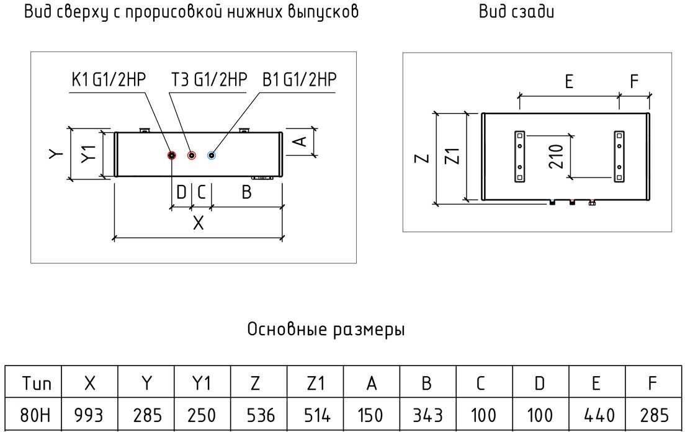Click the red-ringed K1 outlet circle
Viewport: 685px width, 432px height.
point(172,155)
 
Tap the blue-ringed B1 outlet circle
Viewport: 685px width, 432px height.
point(212,155)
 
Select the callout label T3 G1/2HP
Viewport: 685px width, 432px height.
point(209,81)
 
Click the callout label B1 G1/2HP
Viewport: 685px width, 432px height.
point(299,81)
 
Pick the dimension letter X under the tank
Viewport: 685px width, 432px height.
point(198,223)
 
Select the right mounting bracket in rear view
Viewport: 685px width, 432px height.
point(619,156)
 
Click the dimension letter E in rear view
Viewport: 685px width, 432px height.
point(568,82)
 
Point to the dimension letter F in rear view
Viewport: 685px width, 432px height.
point(634,82)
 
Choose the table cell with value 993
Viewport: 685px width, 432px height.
point(89,415)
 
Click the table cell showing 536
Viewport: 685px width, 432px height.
point(259,415)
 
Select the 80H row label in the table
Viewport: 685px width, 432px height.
point(33,415)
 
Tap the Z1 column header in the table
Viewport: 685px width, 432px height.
point(315,383)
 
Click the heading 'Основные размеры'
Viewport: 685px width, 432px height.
point(326,329)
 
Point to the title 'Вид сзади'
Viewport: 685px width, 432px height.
point(516,12)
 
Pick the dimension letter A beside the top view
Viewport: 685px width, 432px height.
point(299,142)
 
